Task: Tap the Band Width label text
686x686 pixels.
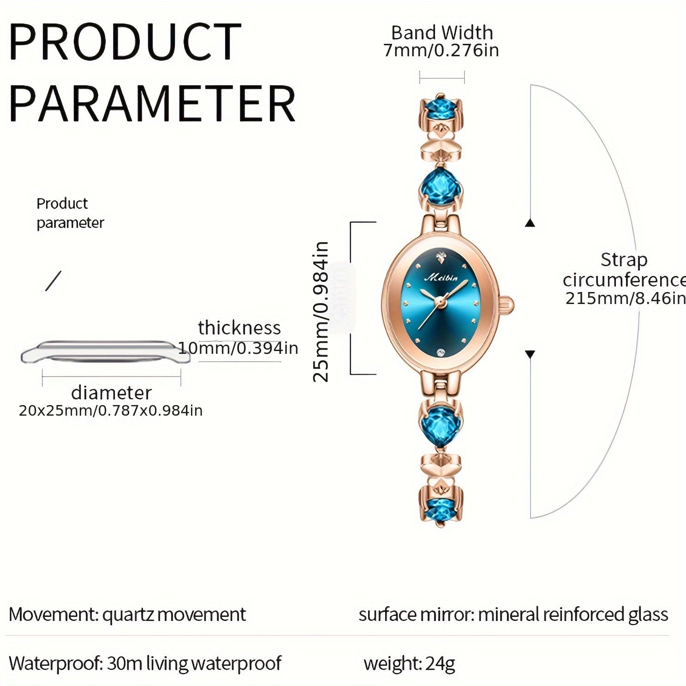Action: point(442,33)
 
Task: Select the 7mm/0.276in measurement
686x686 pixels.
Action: point(441,50)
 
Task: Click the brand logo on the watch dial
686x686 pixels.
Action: point(441,277)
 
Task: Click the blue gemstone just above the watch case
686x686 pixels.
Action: point(440,187)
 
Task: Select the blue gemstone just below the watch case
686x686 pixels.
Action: point(440,422)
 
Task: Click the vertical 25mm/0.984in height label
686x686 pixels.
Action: point(321,311)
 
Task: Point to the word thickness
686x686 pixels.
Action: point(239,328)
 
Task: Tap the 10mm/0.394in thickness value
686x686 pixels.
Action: point(238,347)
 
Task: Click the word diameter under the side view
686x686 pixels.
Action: point(111,393)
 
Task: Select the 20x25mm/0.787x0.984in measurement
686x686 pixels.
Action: point(111,410)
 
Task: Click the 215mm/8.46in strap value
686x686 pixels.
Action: point(625,298)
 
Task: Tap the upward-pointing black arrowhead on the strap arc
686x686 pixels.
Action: point(530,223)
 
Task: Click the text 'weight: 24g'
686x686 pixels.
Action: point(409,663)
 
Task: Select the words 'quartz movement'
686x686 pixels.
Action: point(174,614)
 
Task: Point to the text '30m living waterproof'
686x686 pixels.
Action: point(194,663)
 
